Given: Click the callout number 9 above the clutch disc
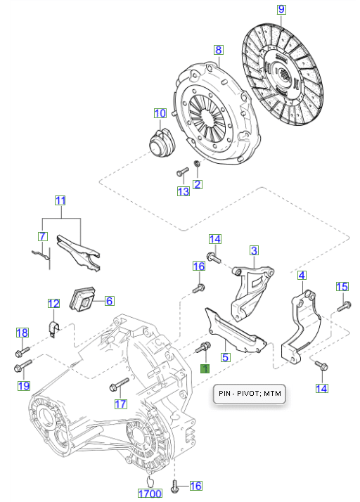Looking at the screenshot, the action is pos(281,9).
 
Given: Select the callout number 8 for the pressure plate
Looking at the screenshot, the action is pos(219,50).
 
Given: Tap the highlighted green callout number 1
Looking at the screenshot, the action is pos(205,368).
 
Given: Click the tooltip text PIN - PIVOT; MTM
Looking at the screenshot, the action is pos(250,393).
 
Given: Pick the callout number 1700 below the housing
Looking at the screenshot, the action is pos(150,494).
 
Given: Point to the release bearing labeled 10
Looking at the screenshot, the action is pos(162,143).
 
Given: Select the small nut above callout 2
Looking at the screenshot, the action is pos(198,164).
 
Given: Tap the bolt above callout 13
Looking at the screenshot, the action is pos(182,172).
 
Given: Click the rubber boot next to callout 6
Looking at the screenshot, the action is pos(83,298).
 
